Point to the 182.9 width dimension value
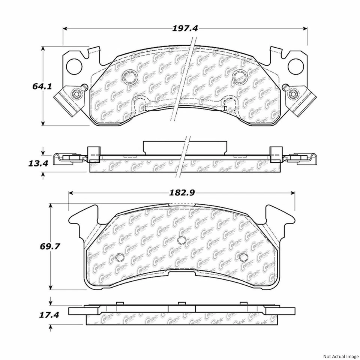(x=181, y=193)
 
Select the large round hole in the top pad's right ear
(x=295, y=66)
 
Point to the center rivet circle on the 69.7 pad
(x=182, y=240)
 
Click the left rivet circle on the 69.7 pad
(x=120, y=257)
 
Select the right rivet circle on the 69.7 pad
(x=244, y=257)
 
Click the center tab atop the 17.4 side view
(x=182, y=303)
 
